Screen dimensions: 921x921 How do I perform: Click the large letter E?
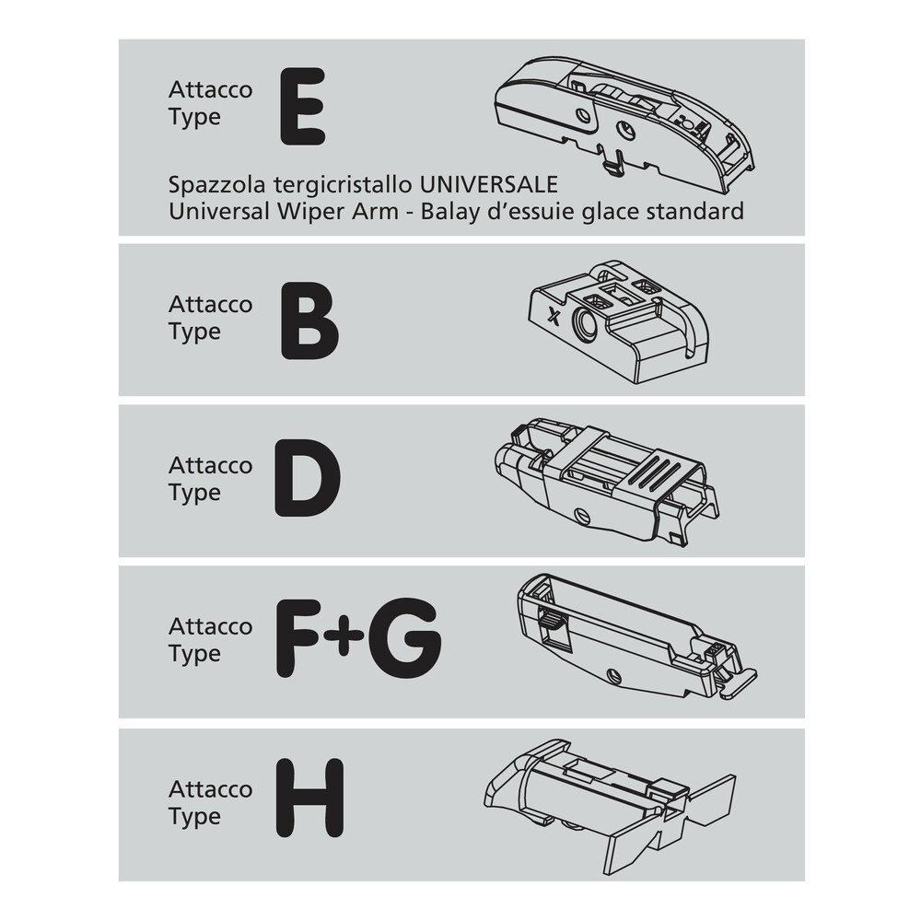302,106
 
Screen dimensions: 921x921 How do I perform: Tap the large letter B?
309,321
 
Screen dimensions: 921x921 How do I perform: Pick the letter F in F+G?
299,639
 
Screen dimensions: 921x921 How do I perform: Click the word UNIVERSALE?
488,185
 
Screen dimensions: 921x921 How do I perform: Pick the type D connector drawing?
606,483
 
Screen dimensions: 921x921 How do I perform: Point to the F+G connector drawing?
636,636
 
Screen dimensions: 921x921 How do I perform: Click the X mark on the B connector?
553,316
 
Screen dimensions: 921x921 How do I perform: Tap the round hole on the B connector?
585,323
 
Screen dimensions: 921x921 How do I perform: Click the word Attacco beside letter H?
210,789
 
